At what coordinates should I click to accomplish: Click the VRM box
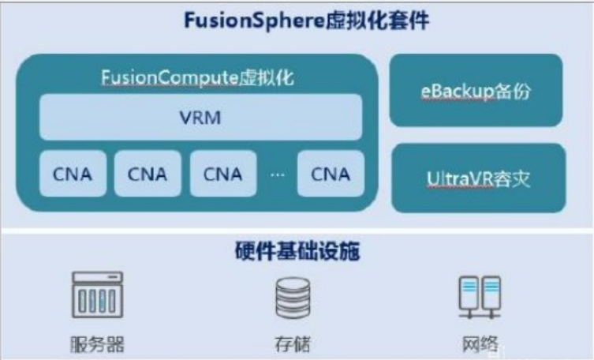coord(200,121)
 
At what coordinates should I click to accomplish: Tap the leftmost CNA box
coord(72,174)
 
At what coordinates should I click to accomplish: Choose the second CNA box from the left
coord(147,174)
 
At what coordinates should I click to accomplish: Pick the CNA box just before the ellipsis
coord(222,174)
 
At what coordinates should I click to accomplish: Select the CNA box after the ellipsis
coord(330,174)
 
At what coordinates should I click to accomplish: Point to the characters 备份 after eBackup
coord(514,91)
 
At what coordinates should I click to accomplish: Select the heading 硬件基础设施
coord(297,252)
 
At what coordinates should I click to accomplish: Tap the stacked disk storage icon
coord(291,298)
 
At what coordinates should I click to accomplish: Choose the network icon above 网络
coord(480,296)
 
